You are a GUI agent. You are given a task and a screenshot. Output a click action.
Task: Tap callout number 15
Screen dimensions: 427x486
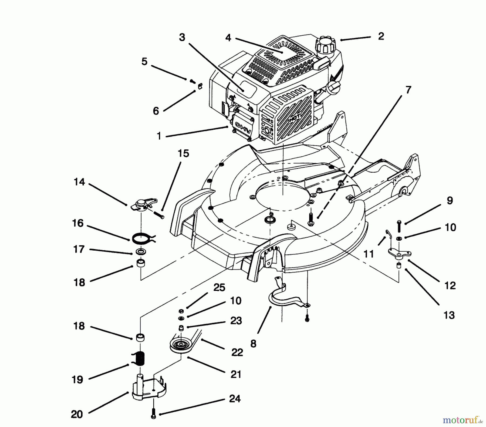click(x=183, y=153)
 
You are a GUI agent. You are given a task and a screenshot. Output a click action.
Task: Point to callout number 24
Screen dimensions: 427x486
click(x=234, y=398)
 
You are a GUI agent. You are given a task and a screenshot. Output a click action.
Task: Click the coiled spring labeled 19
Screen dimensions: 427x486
click(x=140, y=359)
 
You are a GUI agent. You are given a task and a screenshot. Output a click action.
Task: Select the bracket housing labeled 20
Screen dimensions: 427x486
click(x=147, y=389)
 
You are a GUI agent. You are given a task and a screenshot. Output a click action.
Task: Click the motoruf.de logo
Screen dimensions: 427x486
click(x=462, y=420)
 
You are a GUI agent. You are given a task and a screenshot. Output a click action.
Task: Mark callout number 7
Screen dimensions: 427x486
click(x=408, y=90)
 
